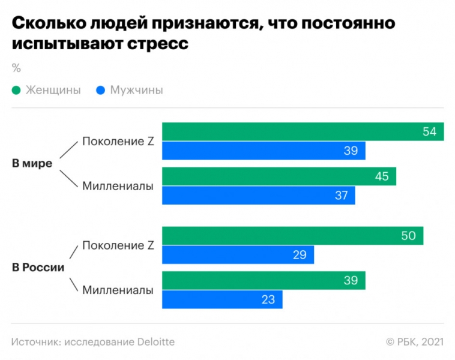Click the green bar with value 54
[303, 131]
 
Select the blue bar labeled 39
[264, 151]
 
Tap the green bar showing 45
[279, 176]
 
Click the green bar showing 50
[292, 236]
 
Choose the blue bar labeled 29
[238, 255]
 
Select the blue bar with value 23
[222, 299]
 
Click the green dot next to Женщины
[16, 91]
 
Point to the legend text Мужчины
[136, 91]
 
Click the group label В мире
[32, 163]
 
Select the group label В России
[38, 268]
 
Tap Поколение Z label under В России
[118, 245]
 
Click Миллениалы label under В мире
[118, 186]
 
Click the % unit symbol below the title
[16, 67]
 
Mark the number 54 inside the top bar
[429, 131]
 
